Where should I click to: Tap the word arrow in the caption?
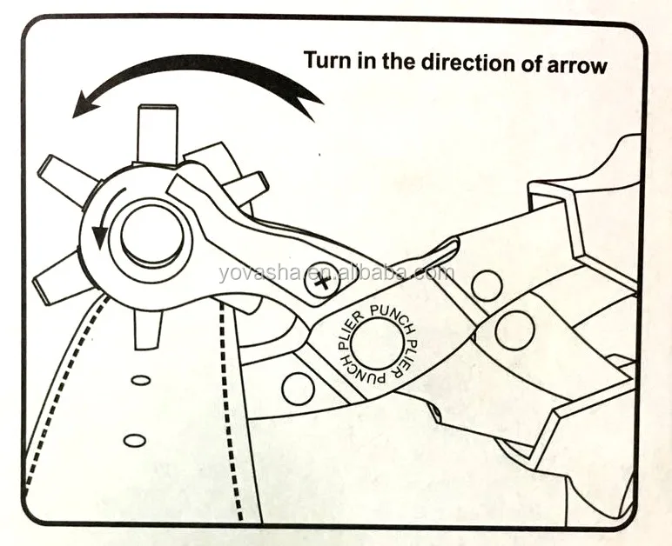click(575, 64)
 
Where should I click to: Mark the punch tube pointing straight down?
click(147, 329)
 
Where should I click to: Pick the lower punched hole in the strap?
click(134, 440)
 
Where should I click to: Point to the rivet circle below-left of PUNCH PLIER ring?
click(298, 388)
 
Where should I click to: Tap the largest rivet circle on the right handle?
click(514, 330)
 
